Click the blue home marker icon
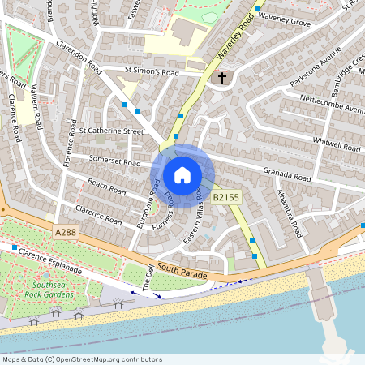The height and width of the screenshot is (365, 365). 182,175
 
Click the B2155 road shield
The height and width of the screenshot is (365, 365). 226,197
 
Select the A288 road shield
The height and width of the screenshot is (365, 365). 68,232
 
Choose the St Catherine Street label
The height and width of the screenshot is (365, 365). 111,130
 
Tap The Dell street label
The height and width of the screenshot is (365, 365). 148,277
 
